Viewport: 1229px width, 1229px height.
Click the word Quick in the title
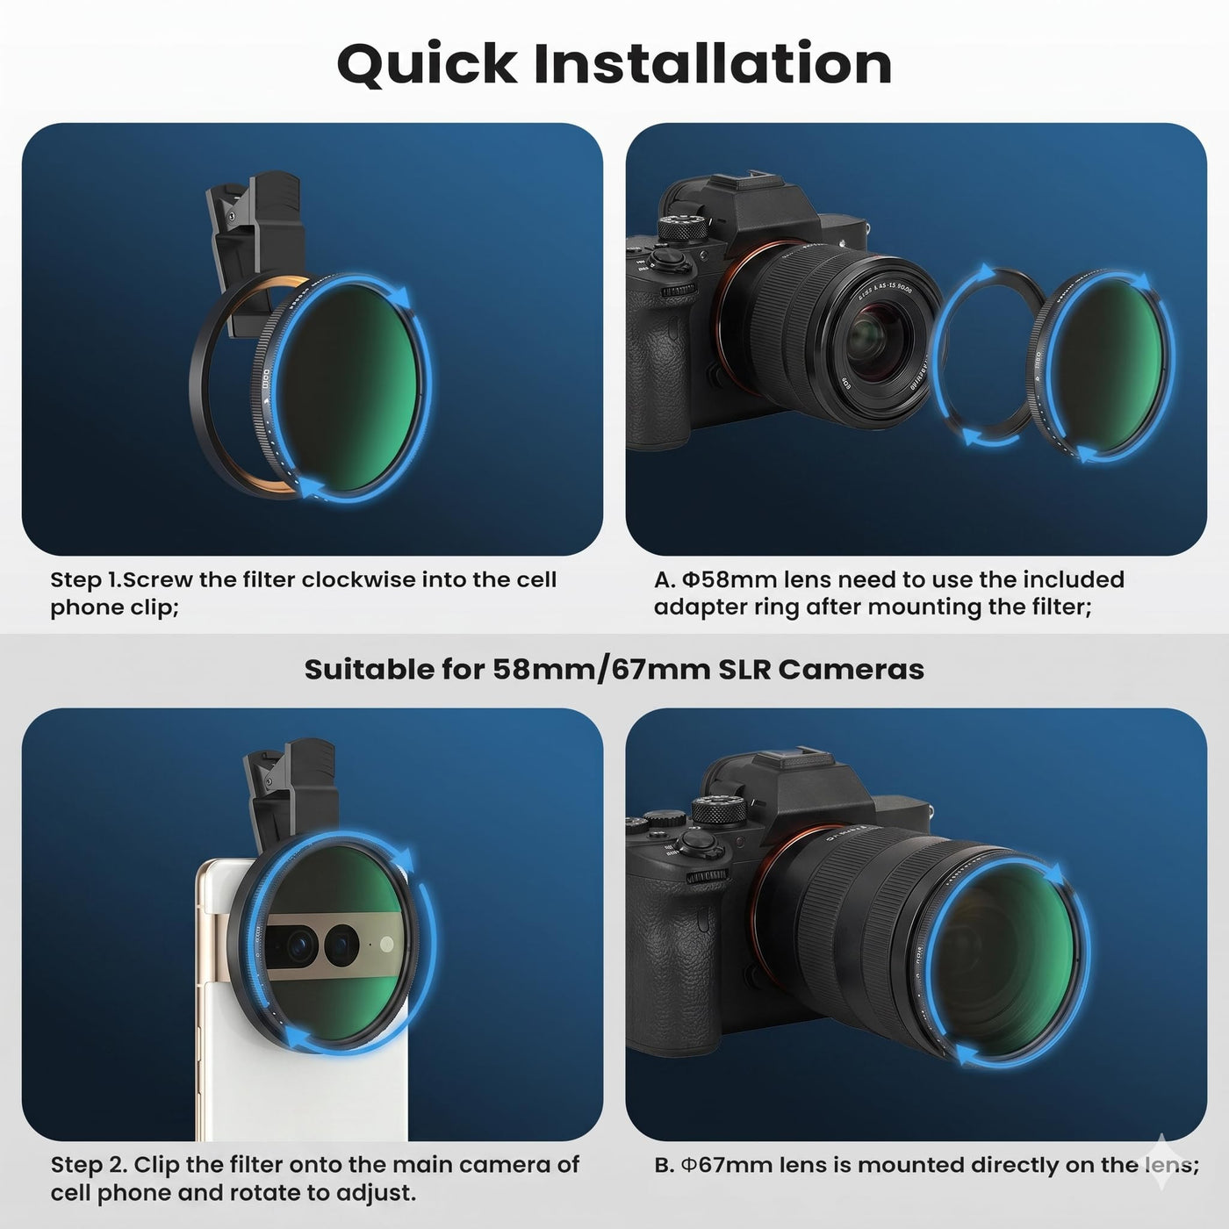coord(427,64)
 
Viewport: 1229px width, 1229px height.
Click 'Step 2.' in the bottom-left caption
coord(89,1165)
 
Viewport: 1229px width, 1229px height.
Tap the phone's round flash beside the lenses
coord(386,945)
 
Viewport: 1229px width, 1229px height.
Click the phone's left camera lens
coord(298,945)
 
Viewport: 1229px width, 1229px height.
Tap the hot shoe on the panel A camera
coord(759,179)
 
